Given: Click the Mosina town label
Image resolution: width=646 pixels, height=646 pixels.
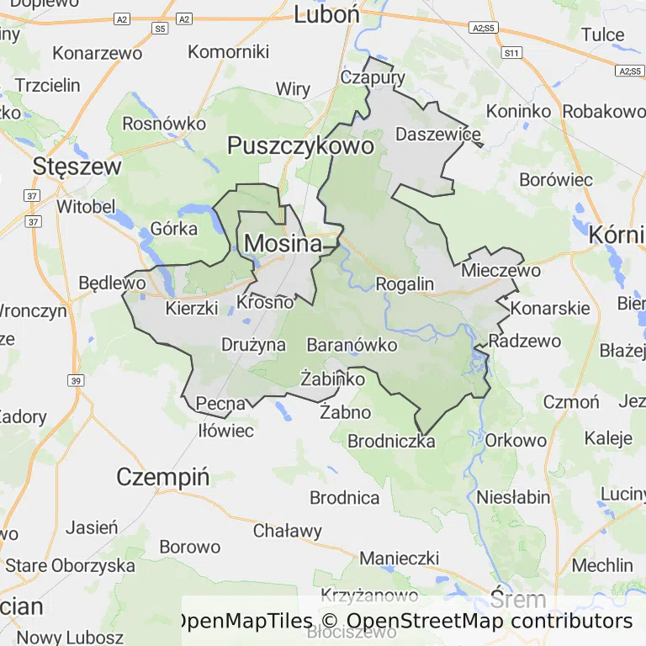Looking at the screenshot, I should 283,244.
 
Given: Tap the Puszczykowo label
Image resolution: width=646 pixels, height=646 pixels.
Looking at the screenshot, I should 300,146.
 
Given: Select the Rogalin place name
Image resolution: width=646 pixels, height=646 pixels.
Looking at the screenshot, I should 405,284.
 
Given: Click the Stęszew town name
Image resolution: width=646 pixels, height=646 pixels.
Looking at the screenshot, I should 77,166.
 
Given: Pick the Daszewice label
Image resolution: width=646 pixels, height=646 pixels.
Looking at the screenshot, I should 438,135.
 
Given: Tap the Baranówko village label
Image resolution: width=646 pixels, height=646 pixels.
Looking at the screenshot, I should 352,345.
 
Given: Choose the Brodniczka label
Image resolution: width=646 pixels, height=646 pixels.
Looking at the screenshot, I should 391,441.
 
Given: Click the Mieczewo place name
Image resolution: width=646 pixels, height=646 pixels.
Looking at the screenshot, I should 500,271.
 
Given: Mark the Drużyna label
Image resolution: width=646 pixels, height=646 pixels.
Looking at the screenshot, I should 253,345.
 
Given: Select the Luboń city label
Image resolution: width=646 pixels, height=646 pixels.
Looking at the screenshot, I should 327,13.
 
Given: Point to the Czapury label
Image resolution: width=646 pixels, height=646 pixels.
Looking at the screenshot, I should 373,77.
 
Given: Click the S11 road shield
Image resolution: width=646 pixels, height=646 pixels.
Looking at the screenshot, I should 511,53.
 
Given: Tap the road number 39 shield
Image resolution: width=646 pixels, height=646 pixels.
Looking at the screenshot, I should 77,381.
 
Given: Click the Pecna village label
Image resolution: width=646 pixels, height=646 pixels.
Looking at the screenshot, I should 221,404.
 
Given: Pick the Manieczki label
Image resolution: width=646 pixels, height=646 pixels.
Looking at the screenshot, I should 400,559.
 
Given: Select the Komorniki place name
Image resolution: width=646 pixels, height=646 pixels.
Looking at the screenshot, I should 228,51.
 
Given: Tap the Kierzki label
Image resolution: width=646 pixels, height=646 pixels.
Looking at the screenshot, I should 192,308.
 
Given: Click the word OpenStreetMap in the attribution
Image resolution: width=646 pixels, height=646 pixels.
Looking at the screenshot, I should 424,622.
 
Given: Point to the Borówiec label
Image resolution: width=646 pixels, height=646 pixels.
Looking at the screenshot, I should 556,180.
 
